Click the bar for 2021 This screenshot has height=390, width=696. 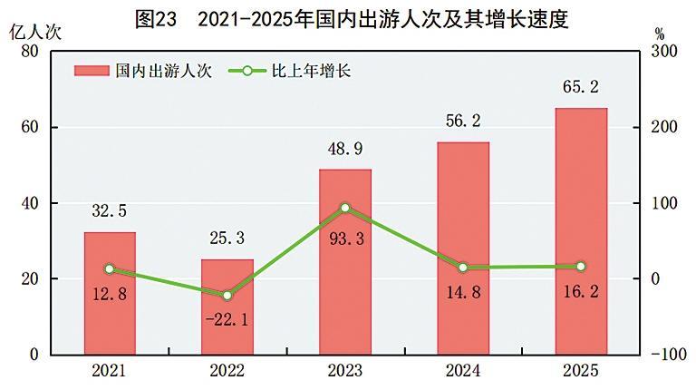click(x=110, y=293)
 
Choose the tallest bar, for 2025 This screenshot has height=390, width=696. click(x=581, y=231)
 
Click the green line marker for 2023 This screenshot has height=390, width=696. click(x=345, y=208)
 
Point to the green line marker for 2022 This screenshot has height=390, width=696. click(x=227, y=296)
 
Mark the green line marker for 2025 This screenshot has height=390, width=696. click(x=581, y=266)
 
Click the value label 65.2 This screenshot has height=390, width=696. click(x=581, y=88)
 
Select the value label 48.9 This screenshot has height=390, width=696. click(x=345, y=149)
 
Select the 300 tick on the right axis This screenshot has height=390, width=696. click(x=664, y=52)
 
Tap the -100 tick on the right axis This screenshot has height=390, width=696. click(x=667, y=355)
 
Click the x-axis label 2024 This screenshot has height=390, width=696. click(x=463, y=372)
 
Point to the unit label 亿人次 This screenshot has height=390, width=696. click(x=34, y=31)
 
